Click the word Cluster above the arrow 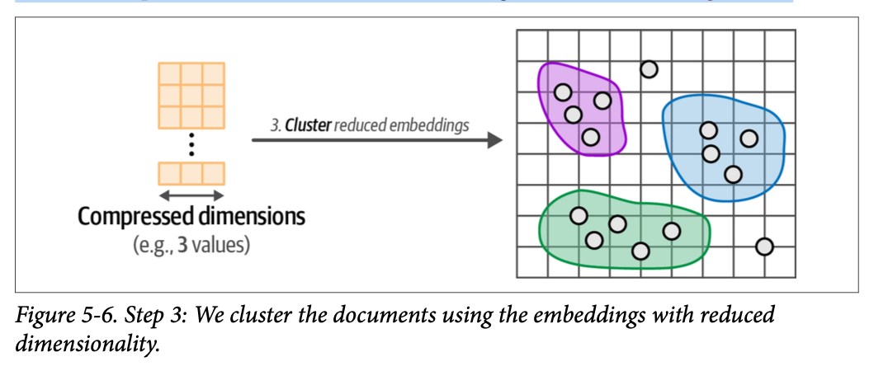309,126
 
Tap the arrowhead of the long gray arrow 495,140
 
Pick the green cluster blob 553,247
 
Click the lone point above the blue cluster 649,69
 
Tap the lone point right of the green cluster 764,246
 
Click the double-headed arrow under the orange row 191,195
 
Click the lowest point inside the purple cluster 590,137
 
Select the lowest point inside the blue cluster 733,174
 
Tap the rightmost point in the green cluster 671,231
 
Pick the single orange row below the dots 191,173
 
